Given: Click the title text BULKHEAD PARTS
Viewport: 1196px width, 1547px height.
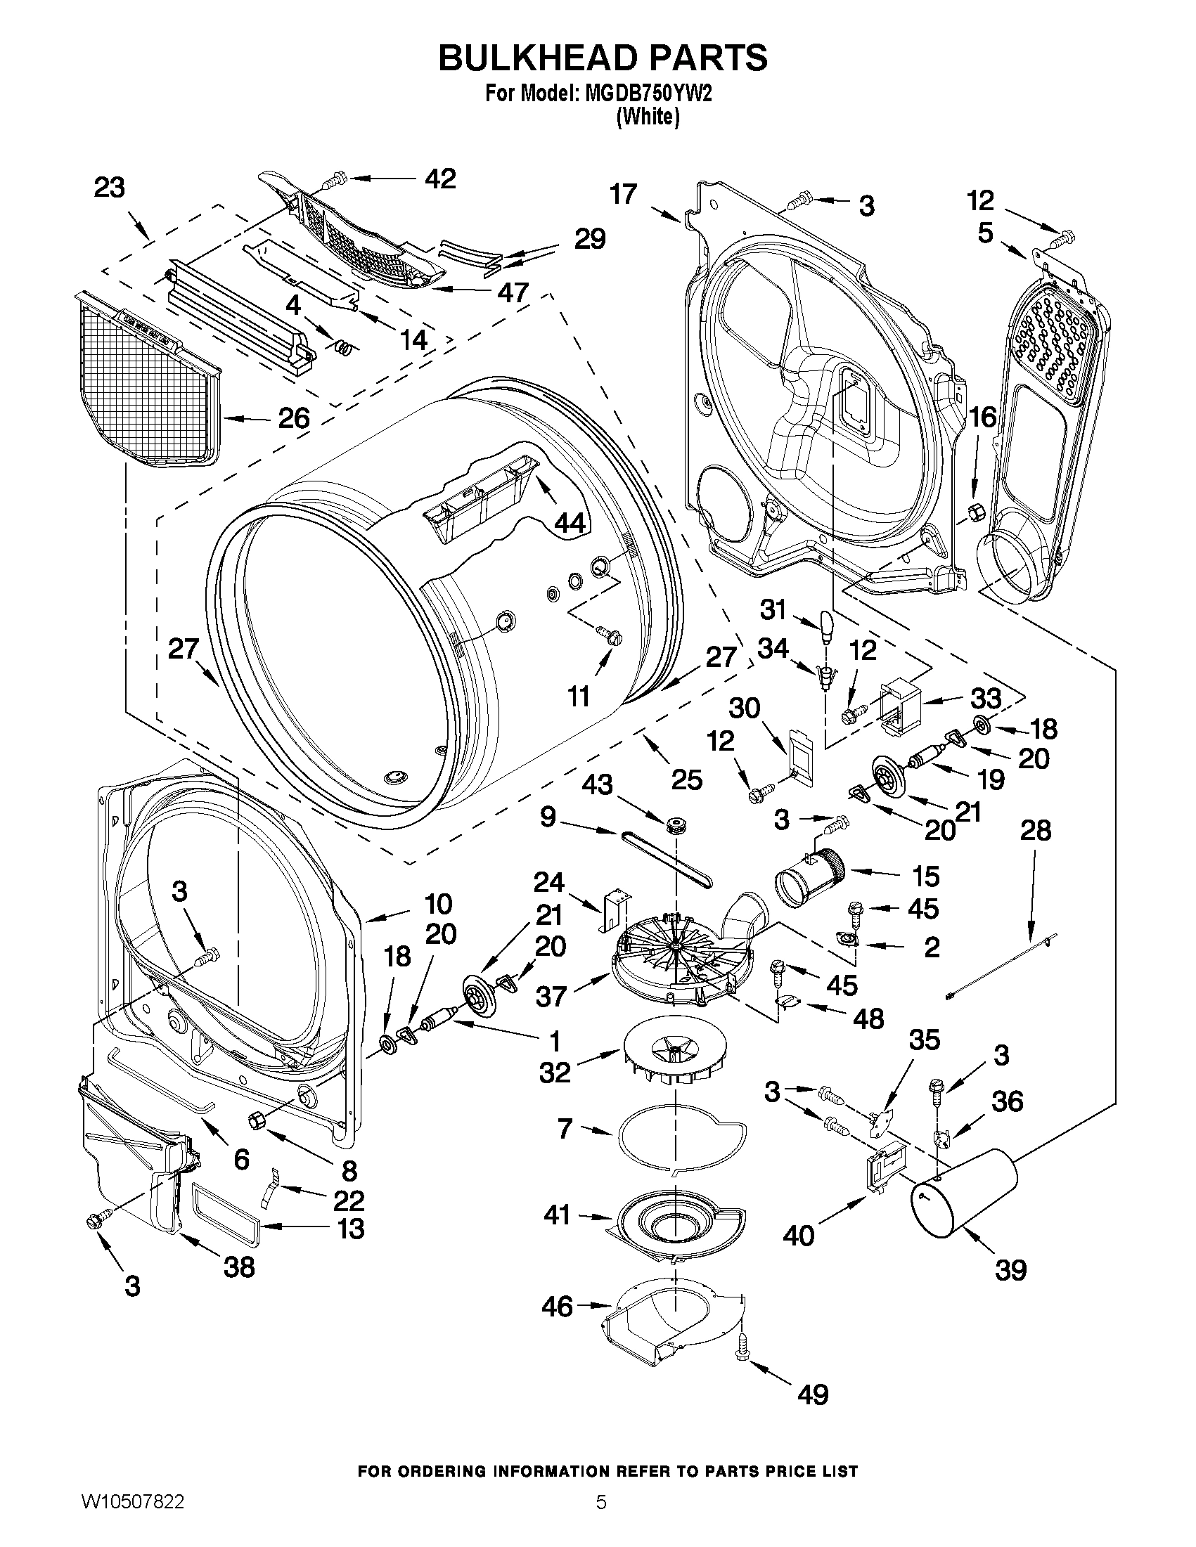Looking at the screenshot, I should [x=603, y=58].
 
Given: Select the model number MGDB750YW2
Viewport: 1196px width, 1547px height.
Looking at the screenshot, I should [x=647, y=94].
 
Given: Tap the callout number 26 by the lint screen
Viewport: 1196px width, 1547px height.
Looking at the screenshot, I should [x=293, y=418].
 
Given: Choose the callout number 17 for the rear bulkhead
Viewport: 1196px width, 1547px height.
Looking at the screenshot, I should [x=624, y=194].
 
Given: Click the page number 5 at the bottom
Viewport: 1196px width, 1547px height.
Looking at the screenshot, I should [x=601, y=1519].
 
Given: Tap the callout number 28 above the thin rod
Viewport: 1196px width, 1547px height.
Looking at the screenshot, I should [x=1034, y=829].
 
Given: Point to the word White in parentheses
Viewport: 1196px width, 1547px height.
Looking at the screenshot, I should [x=648, y=117].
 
